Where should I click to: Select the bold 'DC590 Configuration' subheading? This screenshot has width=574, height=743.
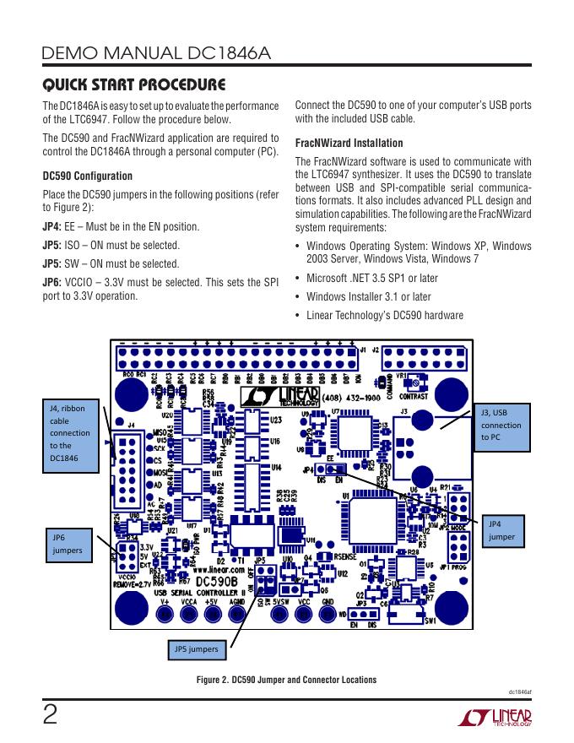(x=87, y=176)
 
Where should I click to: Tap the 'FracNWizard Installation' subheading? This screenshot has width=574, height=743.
(x=349, y=143)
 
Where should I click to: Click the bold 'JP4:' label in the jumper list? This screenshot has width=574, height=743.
(x=51, y=227)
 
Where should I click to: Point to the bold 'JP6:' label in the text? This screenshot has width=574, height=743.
(x=51, y=281)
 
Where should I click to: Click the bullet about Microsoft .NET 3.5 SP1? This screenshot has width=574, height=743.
(x=372, y=279)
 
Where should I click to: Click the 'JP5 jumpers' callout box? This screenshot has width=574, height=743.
(x=195, y=649)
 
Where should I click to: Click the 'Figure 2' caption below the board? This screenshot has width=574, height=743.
(x=286, y=680)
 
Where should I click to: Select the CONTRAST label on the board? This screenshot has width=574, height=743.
(x=413, y=395)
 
